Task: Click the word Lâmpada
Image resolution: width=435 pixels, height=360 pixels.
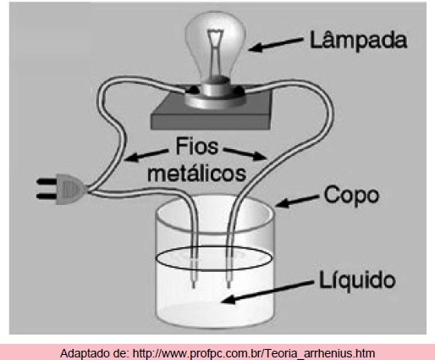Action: pyautogui.click(x=358, y=41)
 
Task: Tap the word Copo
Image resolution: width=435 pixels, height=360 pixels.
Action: pyautogui.click(x=351, y=196)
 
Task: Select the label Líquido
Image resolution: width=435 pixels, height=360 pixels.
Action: pyautogui.click(x=357, y=280)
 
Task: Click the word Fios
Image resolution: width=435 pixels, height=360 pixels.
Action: pyautogui.click(x=197, y=146)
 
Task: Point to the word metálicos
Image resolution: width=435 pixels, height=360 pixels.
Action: pyautogui.click(x=196, y=172)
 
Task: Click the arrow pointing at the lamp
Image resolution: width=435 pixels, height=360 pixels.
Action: pyautogui.click(x=275, y=45)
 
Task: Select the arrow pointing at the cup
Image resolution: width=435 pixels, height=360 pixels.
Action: pyautogui.click(x=297, y=201)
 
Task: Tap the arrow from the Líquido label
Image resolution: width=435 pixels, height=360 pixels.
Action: pyautogui.click(x=267, y=292)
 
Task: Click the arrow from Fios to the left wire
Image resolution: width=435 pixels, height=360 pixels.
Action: pyautogui.click(x=146, y=155)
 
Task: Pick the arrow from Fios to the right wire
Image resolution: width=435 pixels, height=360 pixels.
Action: pyautogui.click(x=245, y=153)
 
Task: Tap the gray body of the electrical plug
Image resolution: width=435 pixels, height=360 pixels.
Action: pyautogui.click(x=69, y=189)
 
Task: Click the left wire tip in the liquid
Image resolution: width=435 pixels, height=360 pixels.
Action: pyautogui.click(x=194, y=285)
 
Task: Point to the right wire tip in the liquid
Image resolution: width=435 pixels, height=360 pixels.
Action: pyautogui.click(x=229, y=285)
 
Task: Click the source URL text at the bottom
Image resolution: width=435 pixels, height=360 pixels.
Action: pyautogui.click(x=254, y=353)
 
